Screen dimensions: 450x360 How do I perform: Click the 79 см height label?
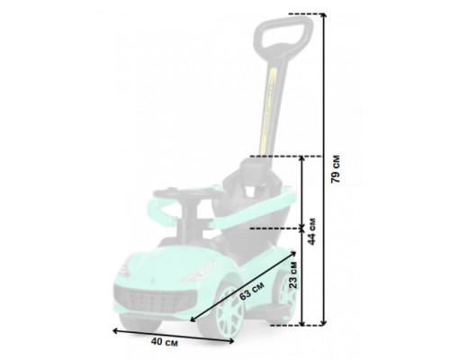coord(336,169)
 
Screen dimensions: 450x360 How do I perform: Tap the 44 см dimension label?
coord(311,231)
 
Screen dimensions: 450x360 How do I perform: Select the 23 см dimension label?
coord(292,274)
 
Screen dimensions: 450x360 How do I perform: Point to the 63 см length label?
coord(252,291)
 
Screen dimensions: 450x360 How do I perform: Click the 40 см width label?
coord(164,342)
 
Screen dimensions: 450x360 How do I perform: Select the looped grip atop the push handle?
coord(283,34)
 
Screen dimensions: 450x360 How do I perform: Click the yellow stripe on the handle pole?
coord(268,111)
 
